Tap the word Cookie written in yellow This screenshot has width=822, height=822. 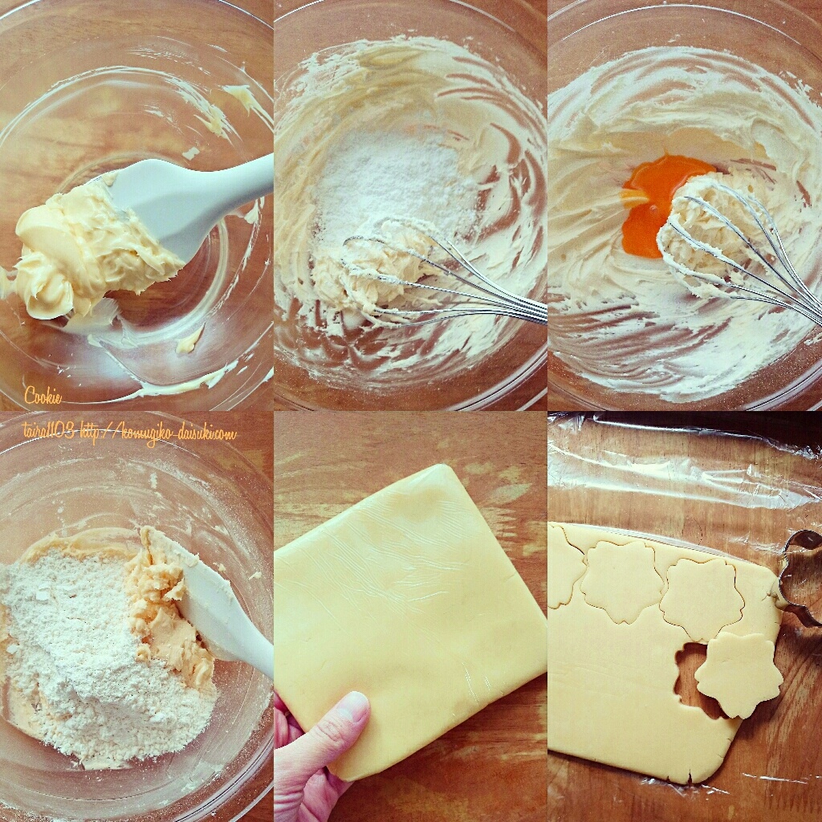pyautogui.click(x=43, y=395)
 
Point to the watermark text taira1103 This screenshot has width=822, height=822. pyautogui.click(x=48, y=433)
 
